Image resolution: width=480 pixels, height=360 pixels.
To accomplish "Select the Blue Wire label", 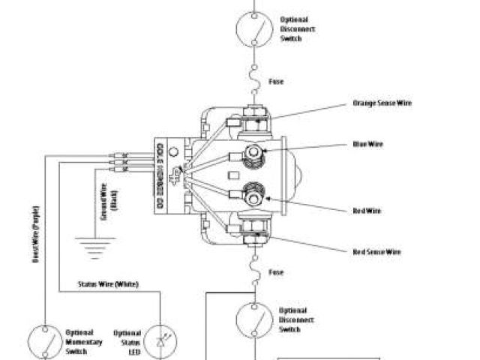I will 368,144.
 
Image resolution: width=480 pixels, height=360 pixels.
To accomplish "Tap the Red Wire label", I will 367,211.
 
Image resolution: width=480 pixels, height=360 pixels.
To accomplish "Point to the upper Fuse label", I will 276,81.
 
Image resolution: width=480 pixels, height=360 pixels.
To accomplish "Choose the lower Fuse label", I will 276,272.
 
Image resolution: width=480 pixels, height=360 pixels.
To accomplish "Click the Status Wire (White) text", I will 108,284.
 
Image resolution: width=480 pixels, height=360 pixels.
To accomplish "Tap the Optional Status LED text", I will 127,341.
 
